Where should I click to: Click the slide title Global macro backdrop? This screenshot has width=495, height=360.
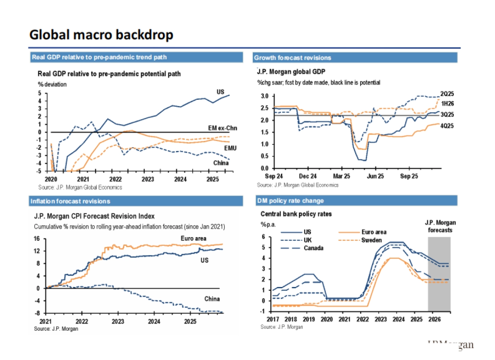[101, 35]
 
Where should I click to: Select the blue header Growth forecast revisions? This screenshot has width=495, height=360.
[292, 57]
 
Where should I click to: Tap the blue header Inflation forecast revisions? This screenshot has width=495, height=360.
[70, 201]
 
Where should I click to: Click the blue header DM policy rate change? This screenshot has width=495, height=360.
[290, 201]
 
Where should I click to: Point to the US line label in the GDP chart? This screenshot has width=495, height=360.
[220, 92]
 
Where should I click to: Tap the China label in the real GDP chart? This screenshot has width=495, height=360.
[221, 162]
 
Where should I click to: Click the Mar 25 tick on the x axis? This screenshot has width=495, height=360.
[341, 175]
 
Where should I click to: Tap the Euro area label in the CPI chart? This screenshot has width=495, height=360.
[193, 238]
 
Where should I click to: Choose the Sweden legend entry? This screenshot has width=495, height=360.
[372, 240]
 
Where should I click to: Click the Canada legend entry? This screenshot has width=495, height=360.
[314, 248]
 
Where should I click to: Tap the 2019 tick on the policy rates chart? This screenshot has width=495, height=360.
[308, 320]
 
